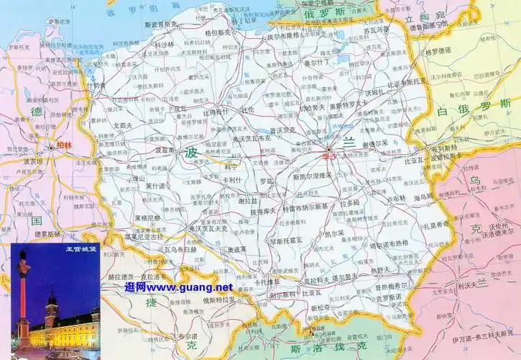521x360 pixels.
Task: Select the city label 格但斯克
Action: click(x=218, y=33)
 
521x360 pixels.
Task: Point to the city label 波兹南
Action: click(x=165, y=151)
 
